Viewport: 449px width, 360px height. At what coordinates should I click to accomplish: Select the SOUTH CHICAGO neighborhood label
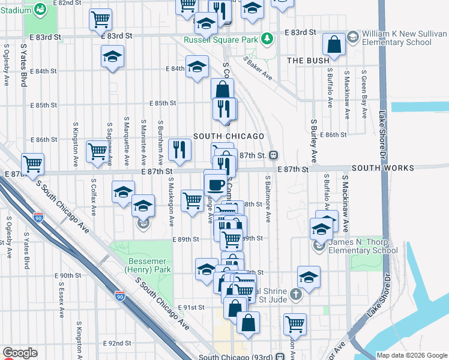[x=228, y=136]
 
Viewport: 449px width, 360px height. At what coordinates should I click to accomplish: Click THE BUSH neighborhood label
[x=308, y=61]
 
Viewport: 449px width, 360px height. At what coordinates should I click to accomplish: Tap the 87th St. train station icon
[x=273, y=155]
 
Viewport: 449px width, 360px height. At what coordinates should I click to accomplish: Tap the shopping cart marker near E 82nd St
[x=101, y=19]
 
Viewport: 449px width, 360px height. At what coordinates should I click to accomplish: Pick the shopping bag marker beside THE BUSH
[x=334, y=44]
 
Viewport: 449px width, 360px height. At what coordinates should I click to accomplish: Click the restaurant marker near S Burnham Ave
[x=179, y=150]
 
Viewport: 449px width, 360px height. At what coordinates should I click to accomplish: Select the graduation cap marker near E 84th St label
[x=196, y=67]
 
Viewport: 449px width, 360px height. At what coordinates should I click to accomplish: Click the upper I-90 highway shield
[x=38, y=217]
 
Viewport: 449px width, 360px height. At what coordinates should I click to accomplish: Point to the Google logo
[x=20, y=353]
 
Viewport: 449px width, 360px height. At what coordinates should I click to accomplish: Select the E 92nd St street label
[x=117, y=343]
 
